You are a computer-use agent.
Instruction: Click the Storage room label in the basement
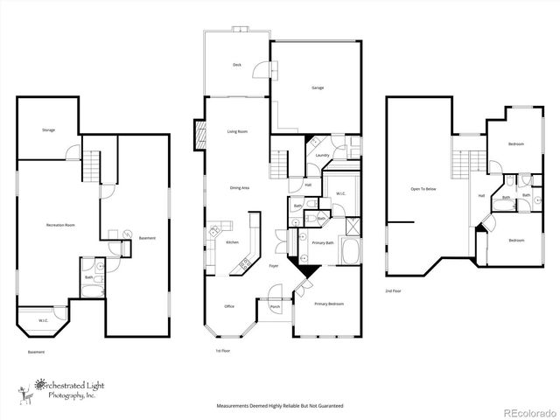click(49, 130)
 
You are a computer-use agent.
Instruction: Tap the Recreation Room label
click(60, 225)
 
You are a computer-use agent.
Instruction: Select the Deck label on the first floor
click(237, 65)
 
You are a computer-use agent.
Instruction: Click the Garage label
click(318, 87)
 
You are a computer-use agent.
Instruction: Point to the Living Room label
click(237, 132)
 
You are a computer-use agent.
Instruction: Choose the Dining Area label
click(240, 188)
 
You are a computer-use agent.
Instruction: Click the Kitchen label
click(233, 242)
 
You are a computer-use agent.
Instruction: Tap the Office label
click(229, 306)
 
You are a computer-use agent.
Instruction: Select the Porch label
click(275, 307)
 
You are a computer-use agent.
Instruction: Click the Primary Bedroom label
click(329, 304)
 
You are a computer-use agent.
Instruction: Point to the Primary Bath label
click(324, 242)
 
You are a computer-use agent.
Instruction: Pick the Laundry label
click(322, 156)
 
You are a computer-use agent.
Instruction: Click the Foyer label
click(274, 265)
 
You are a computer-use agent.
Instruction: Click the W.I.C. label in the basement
click(43, 320)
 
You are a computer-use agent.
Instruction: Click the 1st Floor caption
click(223, 351)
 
